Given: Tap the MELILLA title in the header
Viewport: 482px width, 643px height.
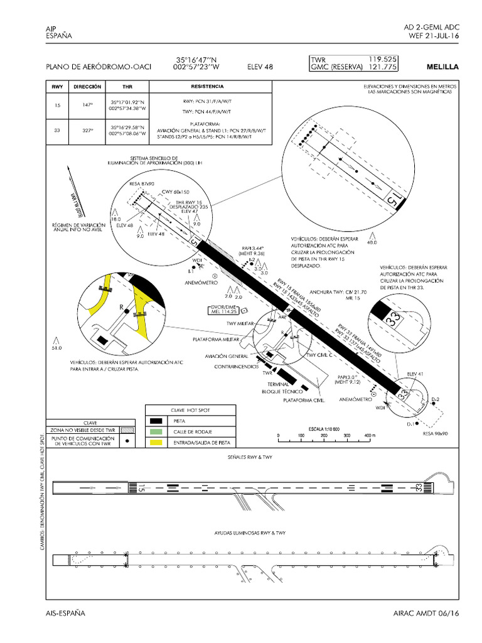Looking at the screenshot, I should tap(442, 67).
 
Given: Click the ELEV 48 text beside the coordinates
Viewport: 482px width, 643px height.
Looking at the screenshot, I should tap(260, 67).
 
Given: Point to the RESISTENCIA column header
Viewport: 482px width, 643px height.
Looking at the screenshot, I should tap(203, 87).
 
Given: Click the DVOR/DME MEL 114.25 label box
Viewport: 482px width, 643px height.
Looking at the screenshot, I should tap(224, 309).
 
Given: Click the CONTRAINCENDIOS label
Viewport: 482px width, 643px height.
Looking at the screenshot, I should tap(236, 366).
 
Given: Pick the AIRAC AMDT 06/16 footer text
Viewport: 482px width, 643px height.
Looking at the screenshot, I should tap(426, 612).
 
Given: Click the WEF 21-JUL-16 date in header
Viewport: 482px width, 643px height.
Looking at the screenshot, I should tap(434, 36).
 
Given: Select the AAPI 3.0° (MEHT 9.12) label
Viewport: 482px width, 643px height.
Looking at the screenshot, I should tap(347, 379).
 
